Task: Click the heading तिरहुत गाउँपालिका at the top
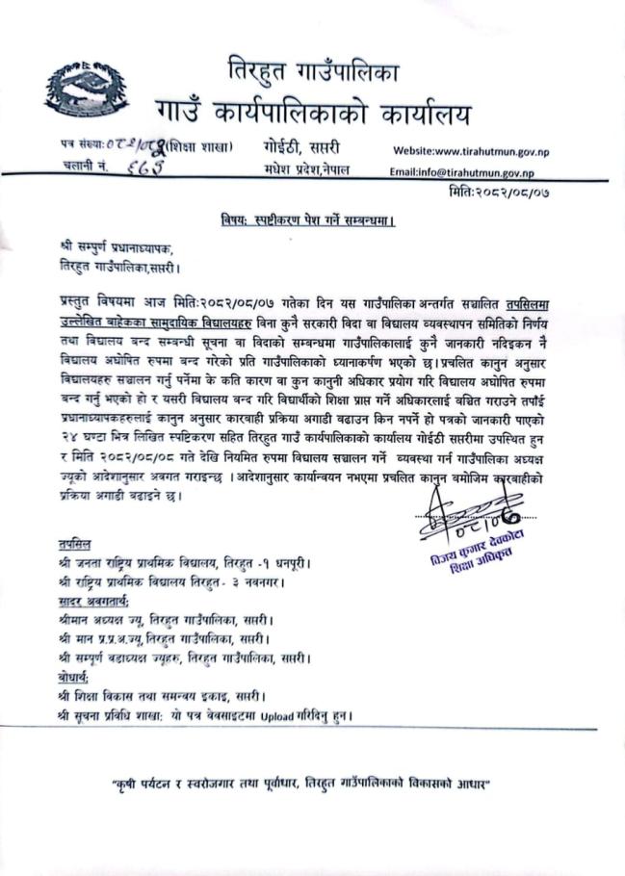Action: (x=314, y=70)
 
